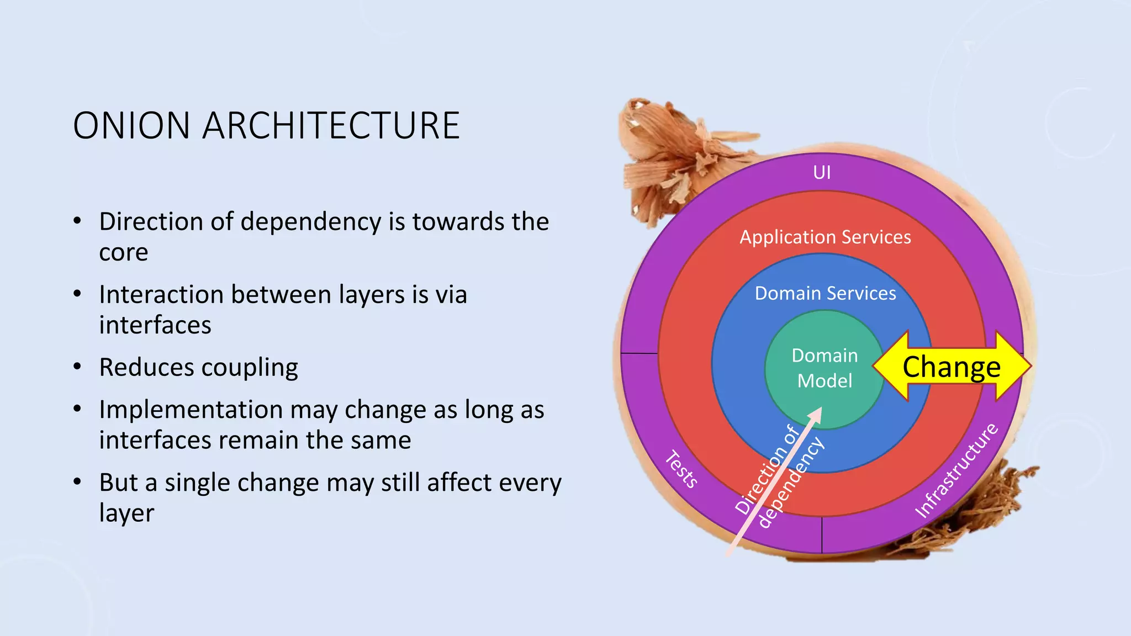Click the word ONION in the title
point(131,126)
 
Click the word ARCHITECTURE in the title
point(331,126)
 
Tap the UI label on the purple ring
point(822,173)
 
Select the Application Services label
point(825,237)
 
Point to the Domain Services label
point(825,293)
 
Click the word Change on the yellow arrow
point(951,367)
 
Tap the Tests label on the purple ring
point(681,469)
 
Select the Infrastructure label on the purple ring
point(956,470)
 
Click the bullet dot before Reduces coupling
point(77,367)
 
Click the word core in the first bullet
point(123,253)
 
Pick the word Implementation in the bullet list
point(191,410)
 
